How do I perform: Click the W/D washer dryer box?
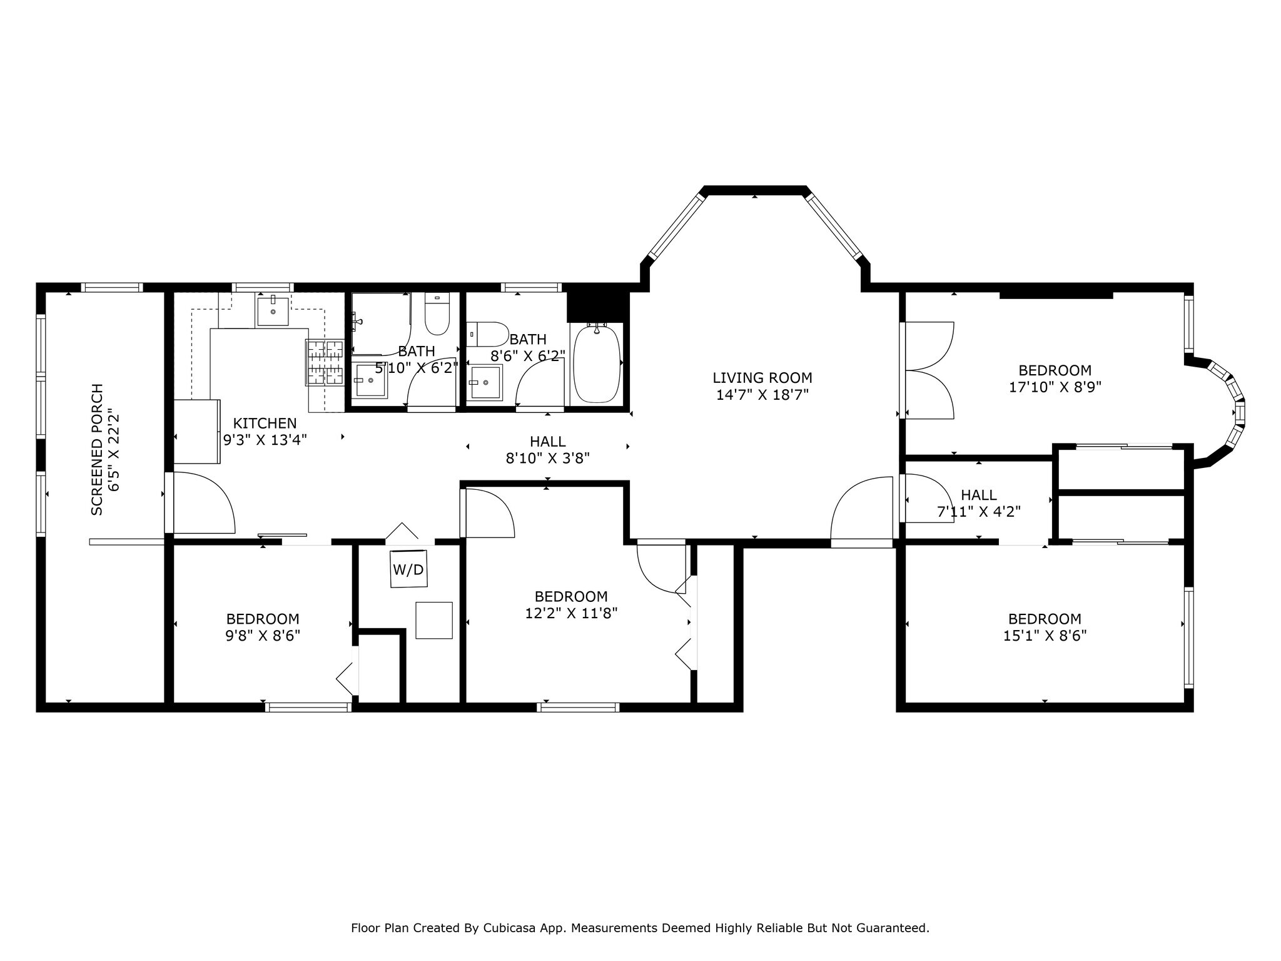pyautogui.click(x=408, y=569)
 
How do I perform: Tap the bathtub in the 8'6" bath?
pyautogui.click(x=597, y=364)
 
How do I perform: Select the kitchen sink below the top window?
pyautogui.click(x=273, y=311)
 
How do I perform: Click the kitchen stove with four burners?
pyautogui.click(x=325, y=362)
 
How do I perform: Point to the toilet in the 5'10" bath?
pyautogui.click(x=437, y=314)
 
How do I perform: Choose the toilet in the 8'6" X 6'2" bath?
pyautogui.click(x=487, y=334)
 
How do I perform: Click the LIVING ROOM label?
pyautogui.click(x=762, y=378)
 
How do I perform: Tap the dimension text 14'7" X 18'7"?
pyautogui.click(x=762, y=395)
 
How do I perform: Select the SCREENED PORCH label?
pyautogui.click(x=97, y=449)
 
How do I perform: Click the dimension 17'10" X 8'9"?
pyautogui.click(x=1055, y=387)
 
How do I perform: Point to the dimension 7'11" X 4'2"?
pyautogui.click(x=978, y=512)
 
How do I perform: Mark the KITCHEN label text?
pyautogui.click(x=265, y=423)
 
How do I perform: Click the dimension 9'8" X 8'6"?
pyautogui.click(x=263, y=636)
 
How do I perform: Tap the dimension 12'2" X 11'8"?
pyautogui.click(x=571, y=613)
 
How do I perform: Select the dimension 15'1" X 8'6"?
pyautogui.click(x=1045, y=636)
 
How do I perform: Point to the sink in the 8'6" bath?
pyautogui.click(x=485, y=382)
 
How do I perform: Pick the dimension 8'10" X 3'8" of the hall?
pyautogui.click(x=547, y=459)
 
